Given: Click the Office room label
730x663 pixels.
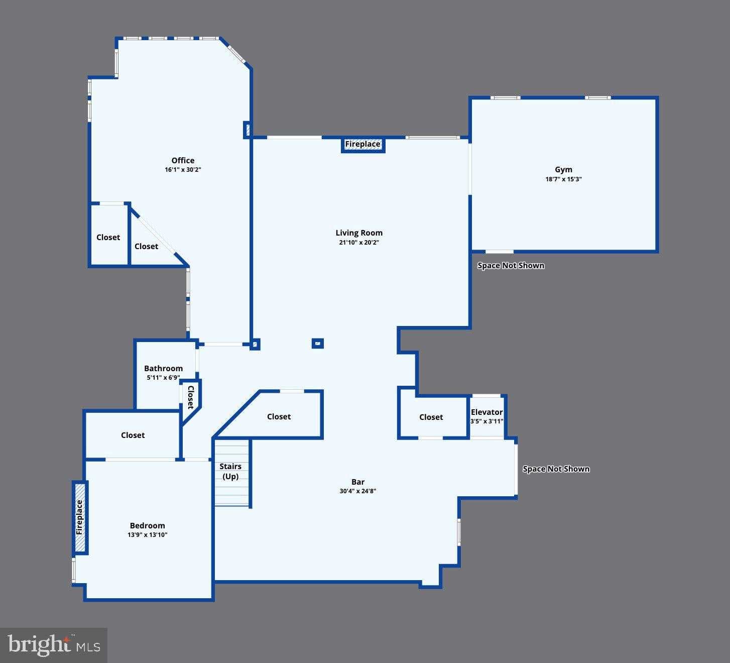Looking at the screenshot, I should [183, 161].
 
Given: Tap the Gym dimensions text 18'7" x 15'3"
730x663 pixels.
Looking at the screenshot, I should [563, 179].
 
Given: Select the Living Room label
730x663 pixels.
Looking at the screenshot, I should [359, 233].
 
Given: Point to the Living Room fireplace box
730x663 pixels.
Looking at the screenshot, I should [362, 145].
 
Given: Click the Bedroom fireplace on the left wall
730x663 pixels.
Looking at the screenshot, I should [80, 517].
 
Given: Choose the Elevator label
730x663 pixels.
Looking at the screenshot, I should [486, 412].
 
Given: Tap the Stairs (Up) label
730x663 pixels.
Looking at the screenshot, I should [230, 471].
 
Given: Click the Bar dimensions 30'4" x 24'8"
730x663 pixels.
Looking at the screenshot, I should [357, 491].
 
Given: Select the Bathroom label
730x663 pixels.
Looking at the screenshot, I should [163, 369].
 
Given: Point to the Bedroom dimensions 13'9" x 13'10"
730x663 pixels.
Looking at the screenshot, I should [147, 535].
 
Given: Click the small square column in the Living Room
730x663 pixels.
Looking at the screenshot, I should [317, 344].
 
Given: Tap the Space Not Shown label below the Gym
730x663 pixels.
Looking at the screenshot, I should [511, 266].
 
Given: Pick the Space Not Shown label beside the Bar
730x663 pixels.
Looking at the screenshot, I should [556, 469].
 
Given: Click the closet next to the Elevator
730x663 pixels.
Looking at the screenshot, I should [431, 417].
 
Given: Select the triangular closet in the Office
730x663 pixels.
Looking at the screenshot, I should [147, 247].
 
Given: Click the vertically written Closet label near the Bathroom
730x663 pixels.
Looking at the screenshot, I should [191, 397].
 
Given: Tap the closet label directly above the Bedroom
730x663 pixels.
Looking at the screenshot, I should [133, 435].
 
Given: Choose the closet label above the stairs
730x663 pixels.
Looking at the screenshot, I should [279, 417].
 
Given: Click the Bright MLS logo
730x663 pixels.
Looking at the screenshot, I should [54, 645].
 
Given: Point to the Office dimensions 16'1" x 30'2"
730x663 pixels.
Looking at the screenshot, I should [183, 170].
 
